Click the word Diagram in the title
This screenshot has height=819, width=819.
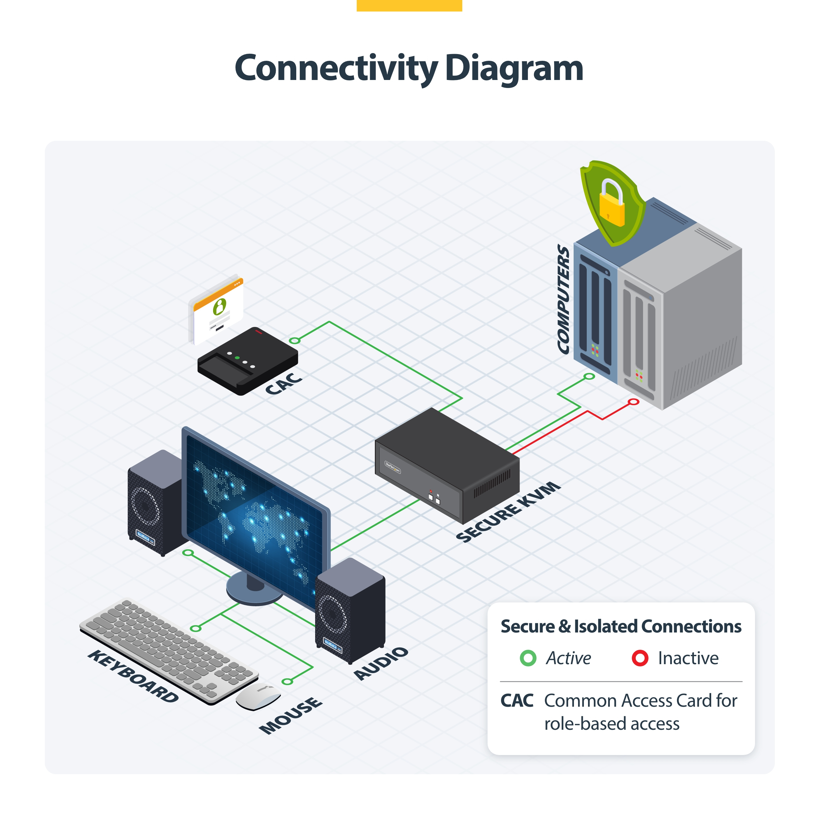point(514,69)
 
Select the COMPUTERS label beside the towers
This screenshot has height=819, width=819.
point(563,299)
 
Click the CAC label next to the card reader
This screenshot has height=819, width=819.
point(283,383)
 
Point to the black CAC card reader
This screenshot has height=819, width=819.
point(248,360)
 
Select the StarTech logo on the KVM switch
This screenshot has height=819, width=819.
point(393,467)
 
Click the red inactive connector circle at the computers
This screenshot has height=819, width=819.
point(633,402)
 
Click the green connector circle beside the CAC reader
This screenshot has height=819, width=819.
point(294,340)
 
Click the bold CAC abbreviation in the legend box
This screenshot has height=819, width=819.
point(517,701)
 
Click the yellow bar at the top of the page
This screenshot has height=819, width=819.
point(409,5)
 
